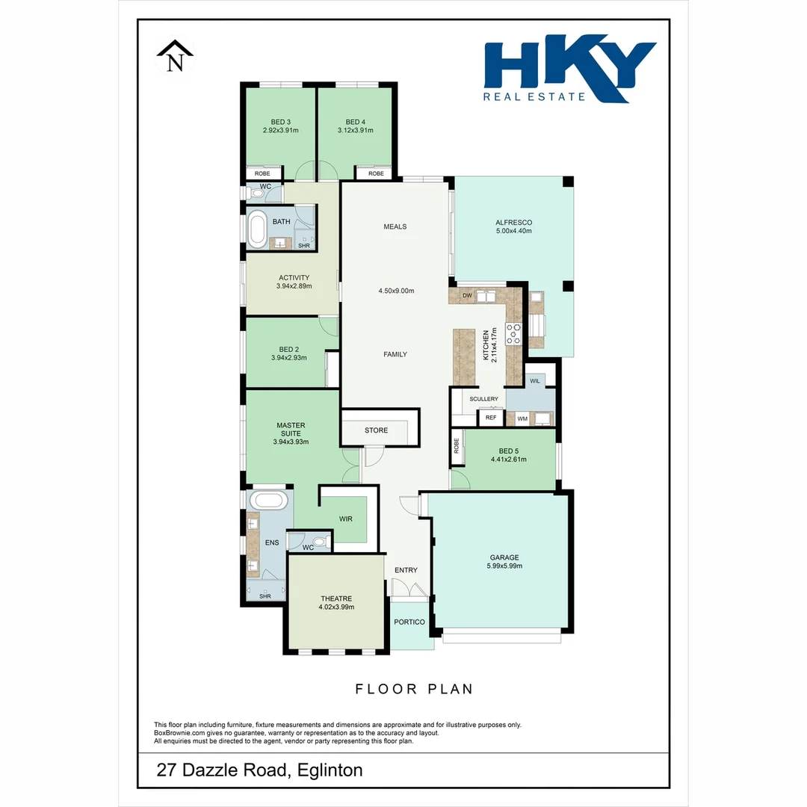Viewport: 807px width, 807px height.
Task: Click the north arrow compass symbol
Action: click(x=175, y=58)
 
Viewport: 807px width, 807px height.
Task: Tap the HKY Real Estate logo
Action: click(x=569, y=71)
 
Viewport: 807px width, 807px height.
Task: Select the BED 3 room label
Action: click(x=280, y=122)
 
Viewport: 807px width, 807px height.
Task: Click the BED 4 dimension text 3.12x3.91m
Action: click(x=355, y=130)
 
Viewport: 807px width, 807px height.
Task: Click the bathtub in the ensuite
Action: click(x=267, y=500)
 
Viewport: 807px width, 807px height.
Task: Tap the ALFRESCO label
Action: click(x=513, y=222)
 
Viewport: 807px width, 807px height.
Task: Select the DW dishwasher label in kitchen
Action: click(x=467, y=296)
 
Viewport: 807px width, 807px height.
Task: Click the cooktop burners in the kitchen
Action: click(x=514, y=333)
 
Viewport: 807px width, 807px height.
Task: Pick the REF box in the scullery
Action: click(x=490, y=418)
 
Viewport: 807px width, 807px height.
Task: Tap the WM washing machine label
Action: click(x=522, y=418)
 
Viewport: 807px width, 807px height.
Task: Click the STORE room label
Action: click(x=376, y=430)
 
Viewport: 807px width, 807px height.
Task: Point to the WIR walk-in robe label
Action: click(x=345, y=519)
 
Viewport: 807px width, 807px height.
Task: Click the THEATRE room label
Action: click(x=336, y=598)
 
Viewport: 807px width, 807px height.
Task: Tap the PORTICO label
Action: click(x=409, y=622)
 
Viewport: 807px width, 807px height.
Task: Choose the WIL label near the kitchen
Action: click(x=534, y=381)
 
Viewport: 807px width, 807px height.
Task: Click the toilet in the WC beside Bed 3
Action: click(x=258, y=194)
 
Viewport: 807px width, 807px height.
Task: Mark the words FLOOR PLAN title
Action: click(x=414, y=689)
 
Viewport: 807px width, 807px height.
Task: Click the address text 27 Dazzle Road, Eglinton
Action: click(x=259, y=770)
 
